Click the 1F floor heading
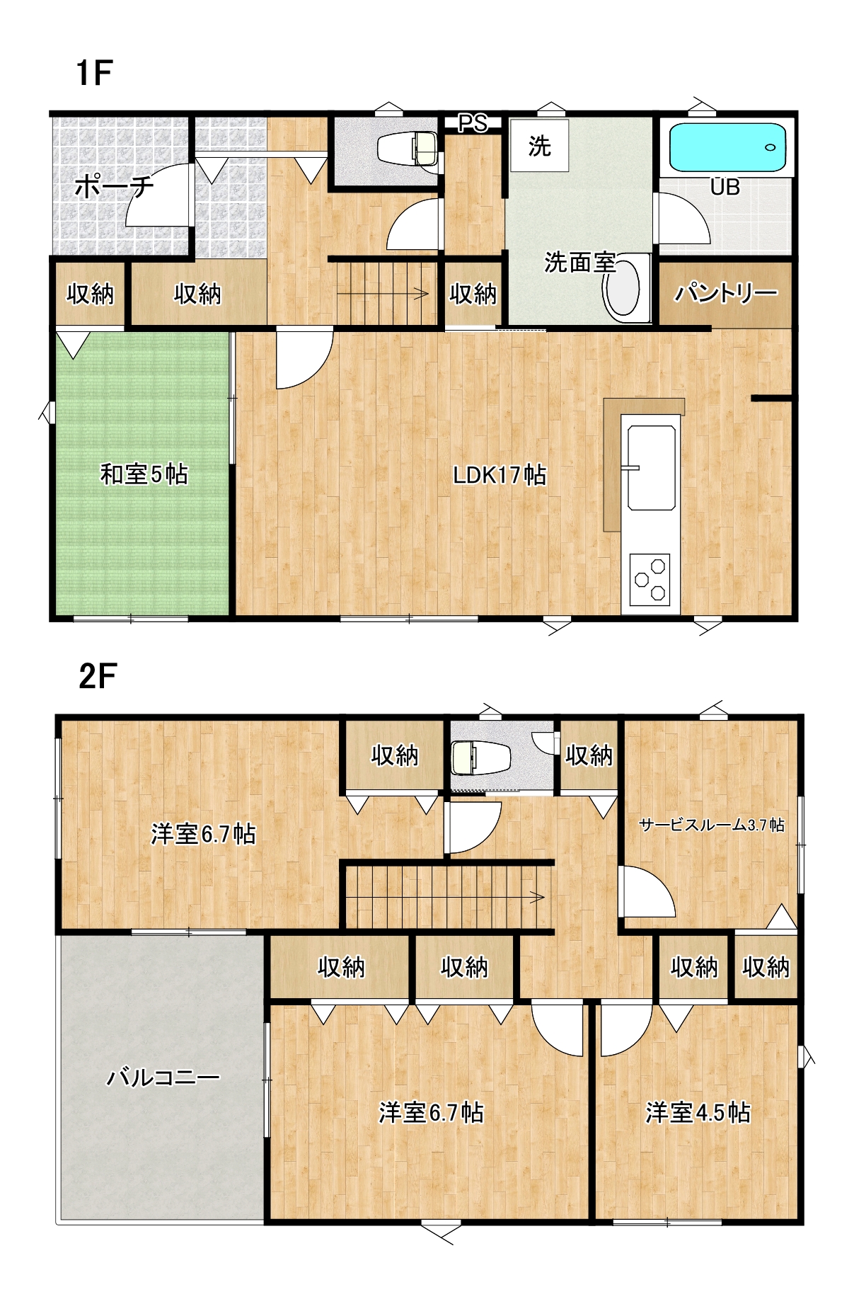tap(94, 73)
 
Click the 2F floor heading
tap(97, 676)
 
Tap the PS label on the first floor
tap(473, 124)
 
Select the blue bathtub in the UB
tap(728, 147)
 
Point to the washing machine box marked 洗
tap(540, 145)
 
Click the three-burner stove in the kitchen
tap(650, 579)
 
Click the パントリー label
tap(725, 293)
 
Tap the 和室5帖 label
tap(144, 474)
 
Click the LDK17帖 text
tap(500, 475)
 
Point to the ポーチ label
tap(114, 187)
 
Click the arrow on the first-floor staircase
tap(383, 293)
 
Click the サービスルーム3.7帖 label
tap(712, 825)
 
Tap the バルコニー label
tap(163, 1078)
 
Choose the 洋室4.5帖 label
tap(698, 1113)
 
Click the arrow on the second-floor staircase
tap(446, 898)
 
